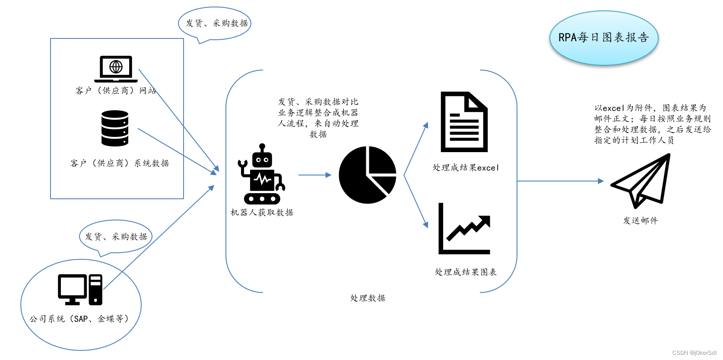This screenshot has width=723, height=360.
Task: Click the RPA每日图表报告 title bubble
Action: (x=603, y=38)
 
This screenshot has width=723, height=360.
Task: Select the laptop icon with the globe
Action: (x=116, y=69)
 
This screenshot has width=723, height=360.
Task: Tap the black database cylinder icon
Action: (x=115, y=128)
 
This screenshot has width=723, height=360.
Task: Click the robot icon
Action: (x=261, y=175)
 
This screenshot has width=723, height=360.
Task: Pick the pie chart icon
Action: (x=368, y=175)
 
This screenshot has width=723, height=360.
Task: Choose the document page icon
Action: (x=464, y=122)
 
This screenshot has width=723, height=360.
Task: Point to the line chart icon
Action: (x=464, y=229)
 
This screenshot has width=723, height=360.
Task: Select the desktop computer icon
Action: (x=80, y=289)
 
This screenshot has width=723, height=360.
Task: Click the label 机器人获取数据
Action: (x=262, y=212)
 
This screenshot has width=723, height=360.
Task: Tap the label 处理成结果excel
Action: (x=466, y=168)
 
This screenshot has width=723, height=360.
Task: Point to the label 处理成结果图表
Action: (x=466, y=272)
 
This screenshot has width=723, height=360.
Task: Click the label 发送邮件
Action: (x=640, y=220)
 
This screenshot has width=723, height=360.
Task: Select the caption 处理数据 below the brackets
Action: (x=368, y=298)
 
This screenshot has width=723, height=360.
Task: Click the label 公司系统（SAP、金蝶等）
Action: (x=79, y=319)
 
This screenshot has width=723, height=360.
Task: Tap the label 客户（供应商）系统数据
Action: (x=120, y=163)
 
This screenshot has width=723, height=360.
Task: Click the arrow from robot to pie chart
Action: (x=314, y=175)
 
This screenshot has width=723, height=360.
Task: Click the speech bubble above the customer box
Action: (x=215, y=23)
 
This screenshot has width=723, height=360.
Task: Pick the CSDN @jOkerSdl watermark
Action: (x=694, y=353)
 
